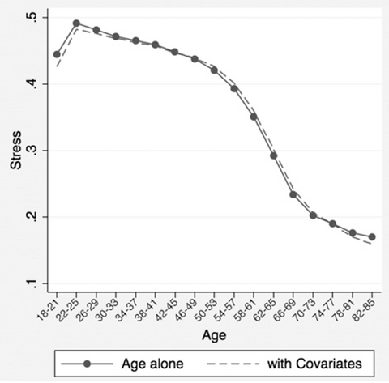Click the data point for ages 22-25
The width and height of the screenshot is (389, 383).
pos(76,23)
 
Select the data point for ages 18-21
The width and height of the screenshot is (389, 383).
pos(57,54)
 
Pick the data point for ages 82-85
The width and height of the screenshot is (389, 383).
pos(372,237)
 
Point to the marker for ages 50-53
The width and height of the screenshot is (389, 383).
pos(214,70)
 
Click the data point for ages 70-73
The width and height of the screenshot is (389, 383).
pos(313,215)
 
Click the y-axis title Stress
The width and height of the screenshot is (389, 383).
pos(15,151)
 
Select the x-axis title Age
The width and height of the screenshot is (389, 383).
pos(215,334)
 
